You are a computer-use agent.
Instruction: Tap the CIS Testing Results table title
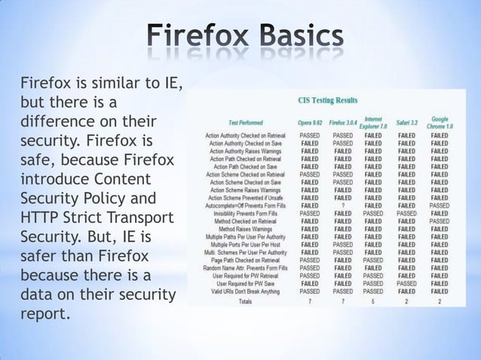click(328, 100)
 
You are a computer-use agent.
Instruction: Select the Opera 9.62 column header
click(309, 122)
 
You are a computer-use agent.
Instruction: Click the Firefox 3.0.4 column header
click(342, 122)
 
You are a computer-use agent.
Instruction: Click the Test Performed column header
click(246, 122)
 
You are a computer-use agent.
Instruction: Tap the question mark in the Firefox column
click(342, 205)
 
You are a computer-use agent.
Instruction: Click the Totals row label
click(245, 301)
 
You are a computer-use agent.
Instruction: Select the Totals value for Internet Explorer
click(373, 301)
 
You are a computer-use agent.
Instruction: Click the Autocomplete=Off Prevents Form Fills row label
click(246, 205)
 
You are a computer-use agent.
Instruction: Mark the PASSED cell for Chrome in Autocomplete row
click(440, 205)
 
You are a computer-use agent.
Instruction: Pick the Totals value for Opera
click(309, 301)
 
